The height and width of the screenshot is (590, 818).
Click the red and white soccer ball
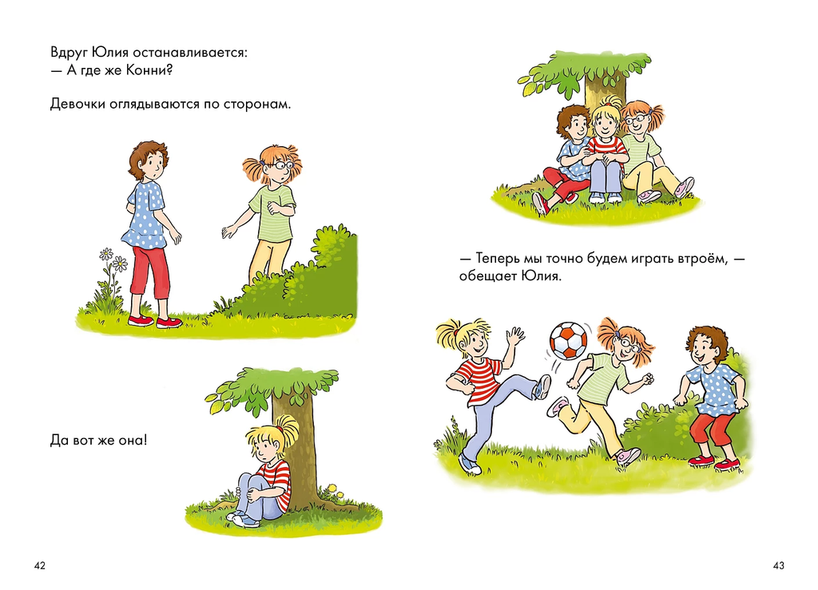pyautogui.click(x=569, y=341)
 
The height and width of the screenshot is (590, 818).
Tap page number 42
pyautogui.click(x=40, y=565)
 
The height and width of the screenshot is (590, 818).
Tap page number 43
pyautogui.click(x=778, y=565)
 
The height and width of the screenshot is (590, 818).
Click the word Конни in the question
pyautogui.click(x=149, y=69)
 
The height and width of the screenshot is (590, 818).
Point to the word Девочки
pyautogui.click(x=77, y=105)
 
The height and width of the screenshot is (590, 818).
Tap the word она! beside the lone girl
pyautogui.click(x=133, y=441)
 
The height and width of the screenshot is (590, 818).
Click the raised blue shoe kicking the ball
pyautogui.click(x=542, y=386)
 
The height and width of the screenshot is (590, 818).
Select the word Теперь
pyautogui.click(x=499, y=258)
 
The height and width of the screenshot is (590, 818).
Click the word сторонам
pyautogui.click(x=257, y=105)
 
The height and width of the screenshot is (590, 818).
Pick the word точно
pyautogui.click(x=563, y=258)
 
